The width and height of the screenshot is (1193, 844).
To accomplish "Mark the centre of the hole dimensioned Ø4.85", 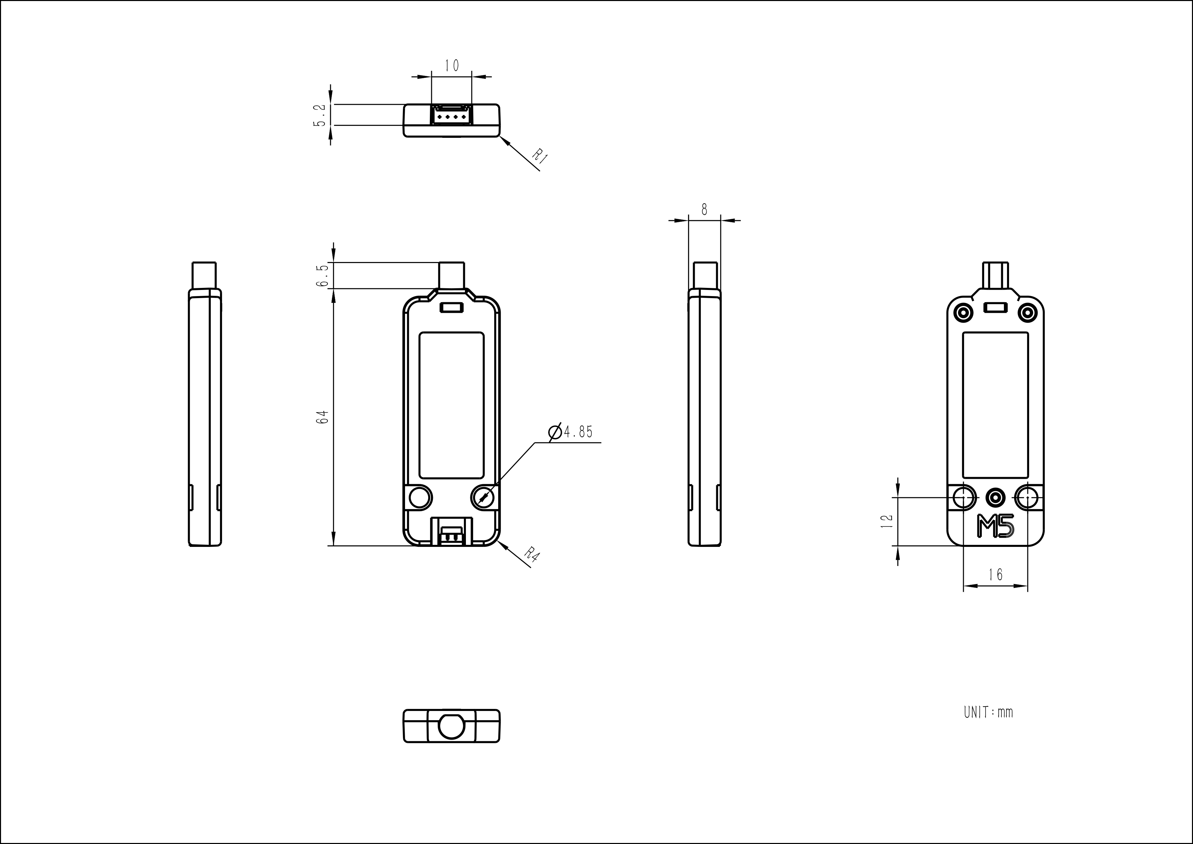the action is pyautogui.click(x=483, y=498).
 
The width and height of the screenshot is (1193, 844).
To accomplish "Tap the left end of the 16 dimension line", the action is pyautogui.click(x=964, y=586).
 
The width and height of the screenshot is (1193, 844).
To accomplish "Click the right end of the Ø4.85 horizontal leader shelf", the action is pyautogui.click(x=601, y=442).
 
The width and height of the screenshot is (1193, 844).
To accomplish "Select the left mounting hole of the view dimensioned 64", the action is pyautogui.click(x=420, y=498).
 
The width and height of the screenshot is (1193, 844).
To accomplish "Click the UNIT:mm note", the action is pyautogui.click(x=988, y=712).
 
